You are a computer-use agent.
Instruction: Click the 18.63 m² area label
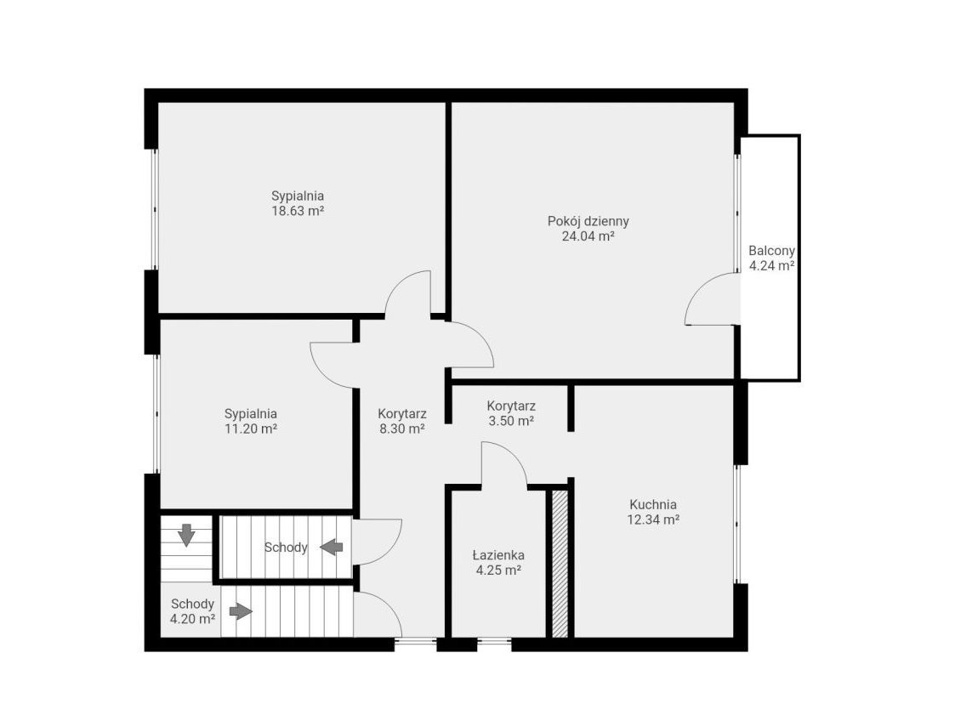point(298,212)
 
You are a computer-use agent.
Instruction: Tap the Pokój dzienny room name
point(588,221)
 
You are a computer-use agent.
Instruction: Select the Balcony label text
point(771,250)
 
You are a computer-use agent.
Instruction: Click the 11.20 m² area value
point(251,429)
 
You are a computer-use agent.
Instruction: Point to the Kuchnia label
point(653,504)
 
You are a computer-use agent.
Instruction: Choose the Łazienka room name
point(498,555)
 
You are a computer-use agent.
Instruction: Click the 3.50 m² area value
point(512,421)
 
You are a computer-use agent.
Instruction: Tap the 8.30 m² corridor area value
point(402,429)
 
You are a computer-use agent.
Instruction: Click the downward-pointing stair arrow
point(185,535)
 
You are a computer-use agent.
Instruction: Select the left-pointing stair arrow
point(332,547)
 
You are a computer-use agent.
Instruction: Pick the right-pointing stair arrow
point(242,610)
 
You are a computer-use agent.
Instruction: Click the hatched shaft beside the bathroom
point(560,563)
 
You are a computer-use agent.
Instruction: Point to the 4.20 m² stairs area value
point(192,619)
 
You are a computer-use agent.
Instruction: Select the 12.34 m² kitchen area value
point(653,519)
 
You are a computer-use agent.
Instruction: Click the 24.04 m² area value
point(588,236)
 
